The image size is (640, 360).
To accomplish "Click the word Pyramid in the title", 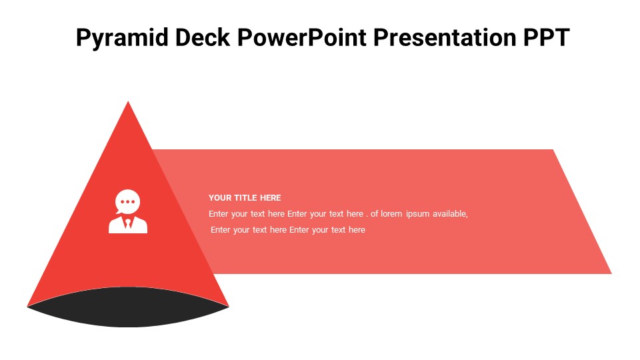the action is click(x=122, y=37).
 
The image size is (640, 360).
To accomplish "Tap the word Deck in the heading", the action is click(x=203, y=37).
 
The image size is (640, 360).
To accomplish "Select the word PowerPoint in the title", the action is click(x=301, y=37).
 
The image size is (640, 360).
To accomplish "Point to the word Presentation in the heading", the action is click(x=445, y=37).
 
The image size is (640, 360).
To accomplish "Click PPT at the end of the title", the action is click(x=547, y=37).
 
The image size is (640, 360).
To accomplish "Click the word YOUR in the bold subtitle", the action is click(x=220, y=198).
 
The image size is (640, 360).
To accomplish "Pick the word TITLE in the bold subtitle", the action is click(x=246, y=198).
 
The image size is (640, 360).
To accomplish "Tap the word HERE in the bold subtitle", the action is click(x=271, y=198).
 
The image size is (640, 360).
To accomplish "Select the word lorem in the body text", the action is click(x=391, y=214).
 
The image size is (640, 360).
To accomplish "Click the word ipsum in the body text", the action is click(x=417, y=214).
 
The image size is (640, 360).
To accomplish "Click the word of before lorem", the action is click(x=374, y=214).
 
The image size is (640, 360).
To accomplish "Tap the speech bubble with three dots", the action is click(x=127, y=201).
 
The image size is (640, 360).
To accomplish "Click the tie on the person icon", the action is click(x=128, y=223).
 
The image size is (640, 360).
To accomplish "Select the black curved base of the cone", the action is click(x=128, y=307).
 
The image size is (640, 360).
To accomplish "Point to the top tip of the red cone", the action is click(x=128, y=101).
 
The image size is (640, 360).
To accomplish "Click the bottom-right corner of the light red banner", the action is click(x=611, y=273).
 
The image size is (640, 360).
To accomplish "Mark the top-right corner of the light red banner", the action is click(x=553, y=150).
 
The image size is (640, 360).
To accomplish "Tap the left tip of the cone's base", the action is click(x=27, y=306).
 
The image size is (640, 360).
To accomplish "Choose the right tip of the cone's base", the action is click(x=229, y=306).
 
